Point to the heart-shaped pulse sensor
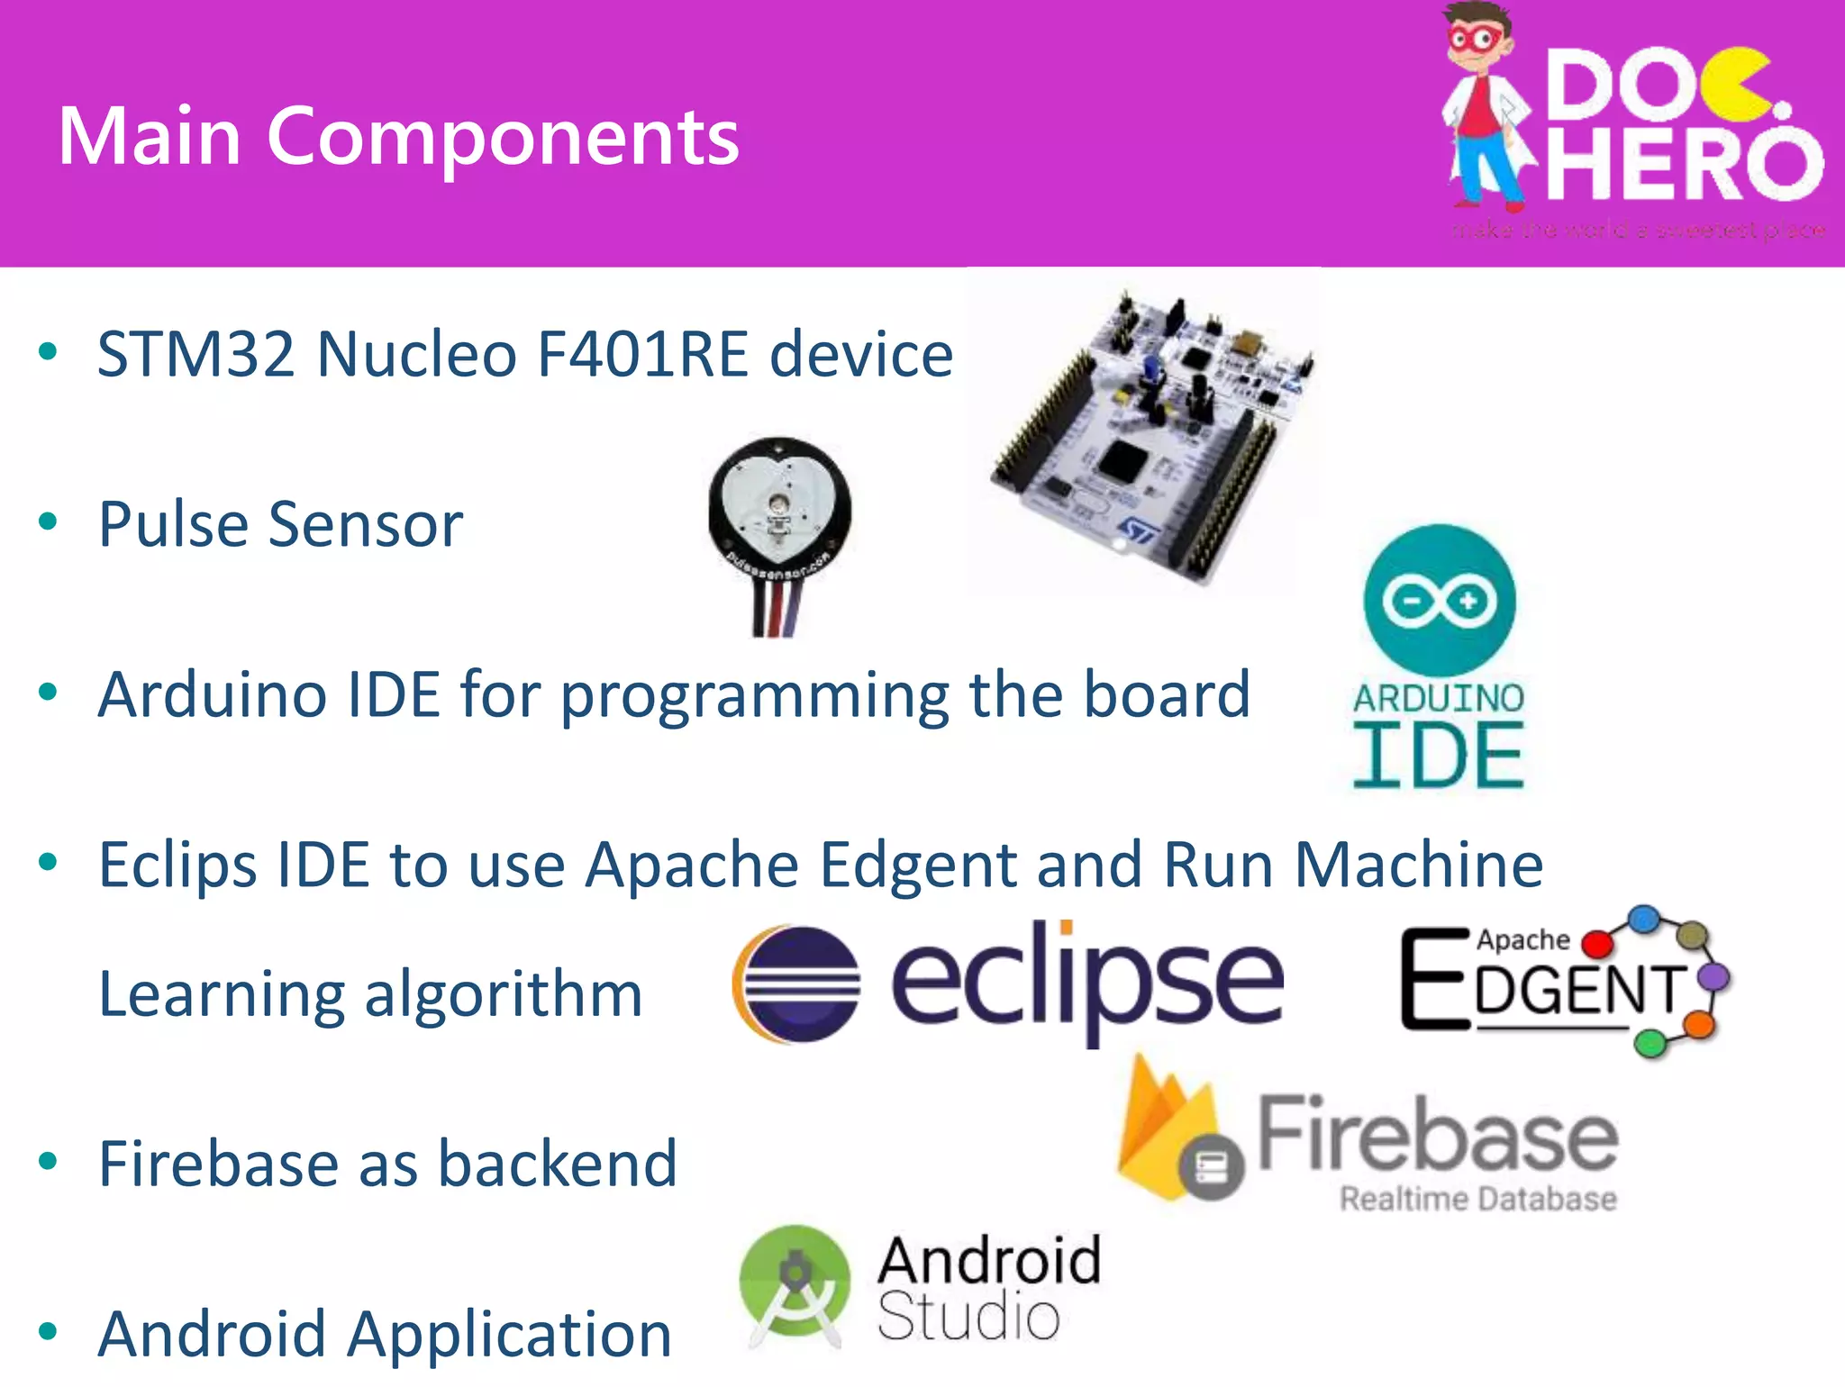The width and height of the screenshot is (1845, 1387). pyautogui.click(x=779, y=509)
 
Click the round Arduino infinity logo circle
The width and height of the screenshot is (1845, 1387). pyautogui.click(x=1440, y=601)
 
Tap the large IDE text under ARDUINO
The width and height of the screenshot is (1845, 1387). pyautogui.click(x=1439, y=757)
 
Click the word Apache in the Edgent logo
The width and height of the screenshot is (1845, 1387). pyautogui.click(x=1522, y=939)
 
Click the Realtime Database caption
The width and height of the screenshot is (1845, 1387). pyautogui.click(x=1477, y=1199)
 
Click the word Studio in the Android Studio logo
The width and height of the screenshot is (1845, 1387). pyautogui.click(x=968, y=1317)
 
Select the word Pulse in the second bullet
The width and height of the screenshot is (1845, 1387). pyautogui.click(x=172, y=524)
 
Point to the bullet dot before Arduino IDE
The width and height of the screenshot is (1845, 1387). pyautogui.click(x=49, y=692)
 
